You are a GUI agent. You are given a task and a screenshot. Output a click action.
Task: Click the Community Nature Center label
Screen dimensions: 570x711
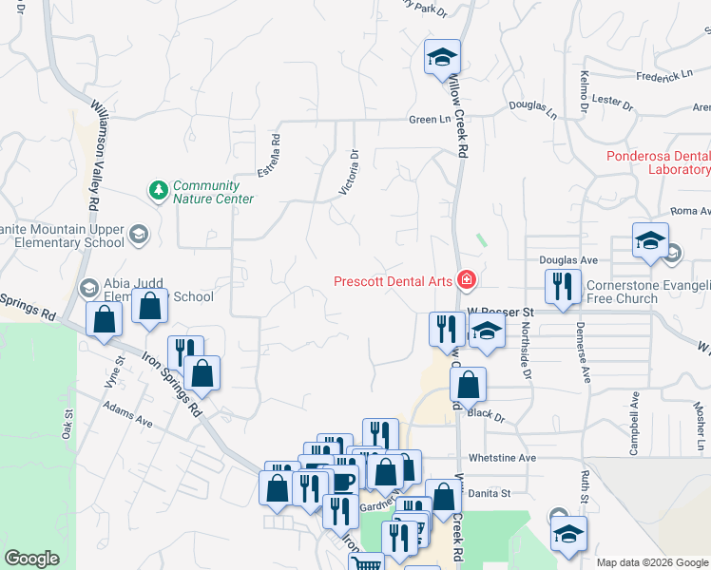click(x=213, y=192)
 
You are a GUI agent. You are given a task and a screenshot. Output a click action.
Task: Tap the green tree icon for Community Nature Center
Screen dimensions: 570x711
click(x=158, y=191)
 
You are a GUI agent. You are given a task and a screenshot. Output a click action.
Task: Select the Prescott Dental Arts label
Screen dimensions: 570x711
click(x=394, y=280)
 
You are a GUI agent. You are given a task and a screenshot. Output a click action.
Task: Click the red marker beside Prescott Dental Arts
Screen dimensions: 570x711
click(x=467, y=279)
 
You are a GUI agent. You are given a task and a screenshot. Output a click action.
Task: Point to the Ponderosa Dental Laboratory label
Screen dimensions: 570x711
click(x=659, y=162)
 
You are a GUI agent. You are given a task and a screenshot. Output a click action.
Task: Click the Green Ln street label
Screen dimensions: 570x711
click(x=429, y=120)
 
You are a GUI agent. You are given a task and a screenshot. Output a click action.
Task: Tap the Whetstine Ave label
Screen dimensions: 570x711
click(x=514, y=458)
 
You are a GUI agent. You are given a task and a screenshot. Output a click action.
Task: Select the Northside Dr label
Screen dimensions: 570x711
click(x=522, y=347)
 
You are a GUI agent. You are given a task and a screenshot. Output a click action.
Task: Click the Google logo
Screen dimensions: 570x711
click(x=31, y=559)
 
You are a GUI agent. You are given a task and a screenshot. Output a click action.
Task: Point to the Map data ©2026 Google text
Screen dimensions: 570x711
click(x=651, y=562)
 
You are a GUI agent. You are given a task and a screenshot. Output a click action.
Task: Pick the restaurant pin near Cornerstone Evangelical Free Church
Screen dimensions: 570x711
click(x=563, y=287)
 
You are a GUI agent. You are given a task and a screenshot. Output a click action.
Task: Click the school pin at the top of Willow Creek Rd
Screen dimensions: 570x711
click(x=442, y=57)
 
